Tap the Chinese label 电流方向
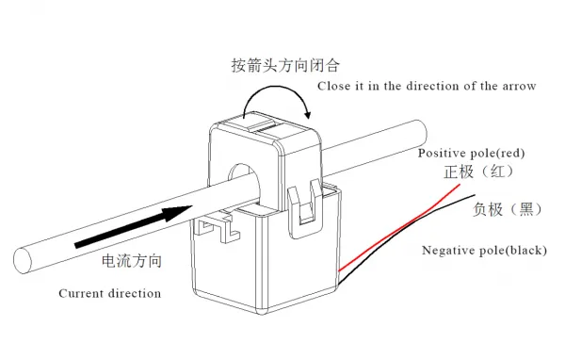coord(132,261)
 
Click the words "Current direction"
coord(110,293)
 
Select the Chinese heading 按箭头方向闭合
coord(285,65)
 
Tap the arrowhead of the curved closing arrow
coord(307,114)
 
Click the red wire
coord(399,228)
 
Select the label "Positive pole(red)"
coord(472,153)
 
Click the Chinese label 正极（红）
coord(479,172)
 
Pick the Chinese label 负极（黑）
coord(508,209)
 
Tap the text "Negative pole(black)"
coord(484,250)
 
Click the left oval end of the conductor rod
coord(23,260)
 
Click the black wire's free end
coord(475,195)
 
